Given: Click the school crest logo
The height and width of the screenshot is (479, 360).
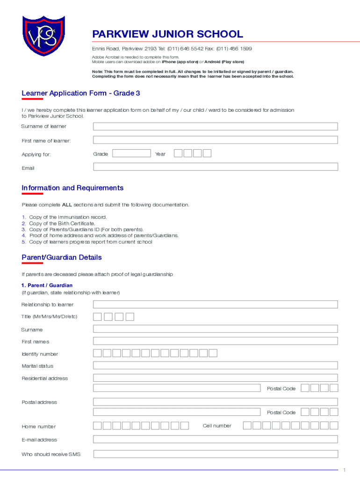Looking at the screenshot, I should [x=43, y=36].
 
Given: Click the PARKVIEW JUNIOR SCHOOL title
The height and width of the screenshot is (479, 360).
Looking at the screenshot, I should [x=167, y=34].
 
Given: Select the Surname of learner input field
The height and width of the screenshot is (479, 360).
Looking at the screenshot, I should [x=215, y=126].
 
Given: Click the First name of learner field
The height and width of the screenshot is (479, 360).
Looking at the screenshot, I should [x=215, y=140].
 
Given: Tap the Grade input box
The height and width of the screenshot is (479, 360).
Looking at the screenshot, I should [x=131, y=153].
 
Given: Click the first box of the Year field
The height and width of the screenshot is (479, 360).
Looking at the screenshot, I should [x=178, y=153].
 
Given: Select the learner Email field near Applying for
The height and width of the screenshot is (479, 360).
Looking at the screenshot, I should [x=215, y=167].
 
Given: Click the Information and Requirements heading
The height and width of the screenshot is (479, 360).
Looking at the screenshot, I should [x=72, y=188].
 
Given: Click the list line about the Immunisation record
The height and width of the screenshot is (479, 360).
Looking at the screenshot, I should [x=68, y=217].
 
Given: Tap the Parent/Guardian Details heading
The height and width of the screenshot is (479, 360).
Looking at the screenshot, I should [x=61, y=258].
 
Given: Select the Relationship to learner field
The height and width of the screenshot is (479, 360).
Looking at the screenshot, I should [x=215, y=305].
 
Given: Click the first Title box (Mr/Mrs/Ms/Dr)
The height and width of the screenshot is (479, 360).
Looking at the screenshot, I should [x=98, y=317].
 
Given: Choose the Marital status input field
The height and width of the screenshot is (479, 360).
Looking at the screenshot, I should [x=215, y=366].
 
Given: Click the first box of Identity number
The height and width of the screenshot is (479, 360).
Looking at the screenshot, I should [x=97, y=353].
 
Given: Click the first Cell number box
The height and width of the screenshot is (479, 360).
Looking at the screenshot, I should [x=247, y=425].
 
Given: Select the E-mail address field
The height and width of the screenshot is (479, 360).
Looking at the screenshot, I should [x=215, y=439].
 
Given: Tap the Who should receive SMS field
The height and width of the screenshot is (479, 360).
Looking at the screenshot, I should [x=215, y=454].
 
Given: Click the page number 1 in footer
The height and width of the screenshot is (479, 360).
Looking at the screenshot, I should [x=344, y=470].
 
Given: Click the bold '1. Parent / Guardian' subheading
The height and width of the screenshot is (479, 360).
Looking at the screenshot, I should [x=47, y=285].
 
